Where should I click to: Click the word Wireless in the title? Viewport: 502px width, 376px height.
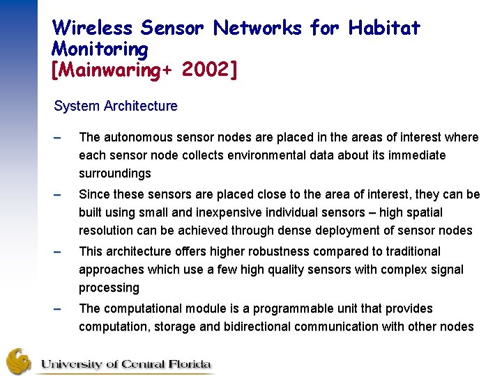tap(92, 28)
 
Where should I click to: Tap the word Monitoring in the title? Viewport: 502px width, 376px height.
tap(100, 49)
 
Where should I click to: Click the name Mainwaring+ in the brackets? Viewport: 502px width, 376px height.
tap(112, 70)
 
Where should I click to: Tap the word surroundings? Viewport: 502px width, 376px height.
tap(114, 173)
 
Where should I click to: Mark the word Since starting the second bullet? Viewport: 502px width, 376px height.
tap(95, 194)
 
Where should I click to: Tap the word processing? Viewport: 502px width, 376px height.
tap(109, 288)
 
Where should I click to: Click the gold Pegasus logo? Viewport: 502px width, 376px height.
tap(19, 361)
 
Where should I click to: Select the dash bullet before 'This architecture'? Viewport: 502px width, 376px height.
tap(59, 252)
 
